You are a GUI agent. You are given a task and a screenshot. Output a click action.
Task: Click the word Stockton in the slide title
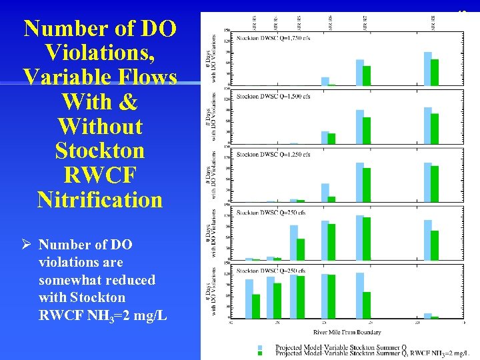tap(100, 150)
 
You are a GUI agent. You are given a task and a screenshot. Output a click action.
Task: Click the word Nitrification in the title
tap(100, 199)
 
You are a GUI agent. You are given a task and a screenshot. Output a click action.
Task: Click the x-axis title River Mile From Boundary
tap(348, 332)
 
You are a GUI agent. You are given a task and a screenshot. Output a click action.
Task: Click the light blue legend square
tap(260, 347)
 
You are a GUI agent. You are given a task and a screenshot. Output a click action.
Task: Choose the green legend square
tap(260, 353)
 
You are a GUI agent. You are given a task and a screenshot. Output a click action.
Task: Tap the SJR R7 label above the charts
tap(363, 21)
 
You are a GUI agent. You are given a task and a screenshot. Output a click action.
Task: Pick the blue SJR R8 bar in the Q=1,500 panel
tap(427, 125)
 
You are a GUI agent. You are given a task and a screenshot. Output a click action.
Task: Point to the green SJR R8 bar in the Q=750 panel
tap(435, 245)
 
